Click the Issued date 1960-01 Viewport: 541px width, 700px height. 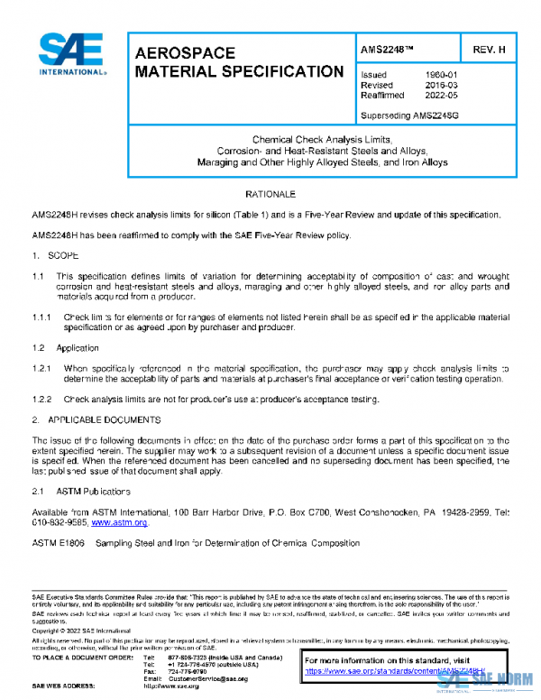click(x=440, y=74)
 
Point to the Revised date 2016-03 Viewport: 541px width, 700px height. click(x=440, y=85)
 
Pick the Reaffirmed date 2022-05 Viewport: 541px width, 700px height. click(x=440, y=96)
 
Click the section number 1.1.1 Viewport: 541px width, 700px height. click(x=42, y=318)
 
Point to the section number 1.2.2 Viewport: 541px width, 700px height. click(x=42, y=398)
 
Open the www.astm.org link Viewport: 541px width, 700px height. click(x=120, y=522)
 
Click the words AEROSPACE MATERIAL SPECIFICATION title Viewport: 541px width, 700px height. click(x=238, y=62)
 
